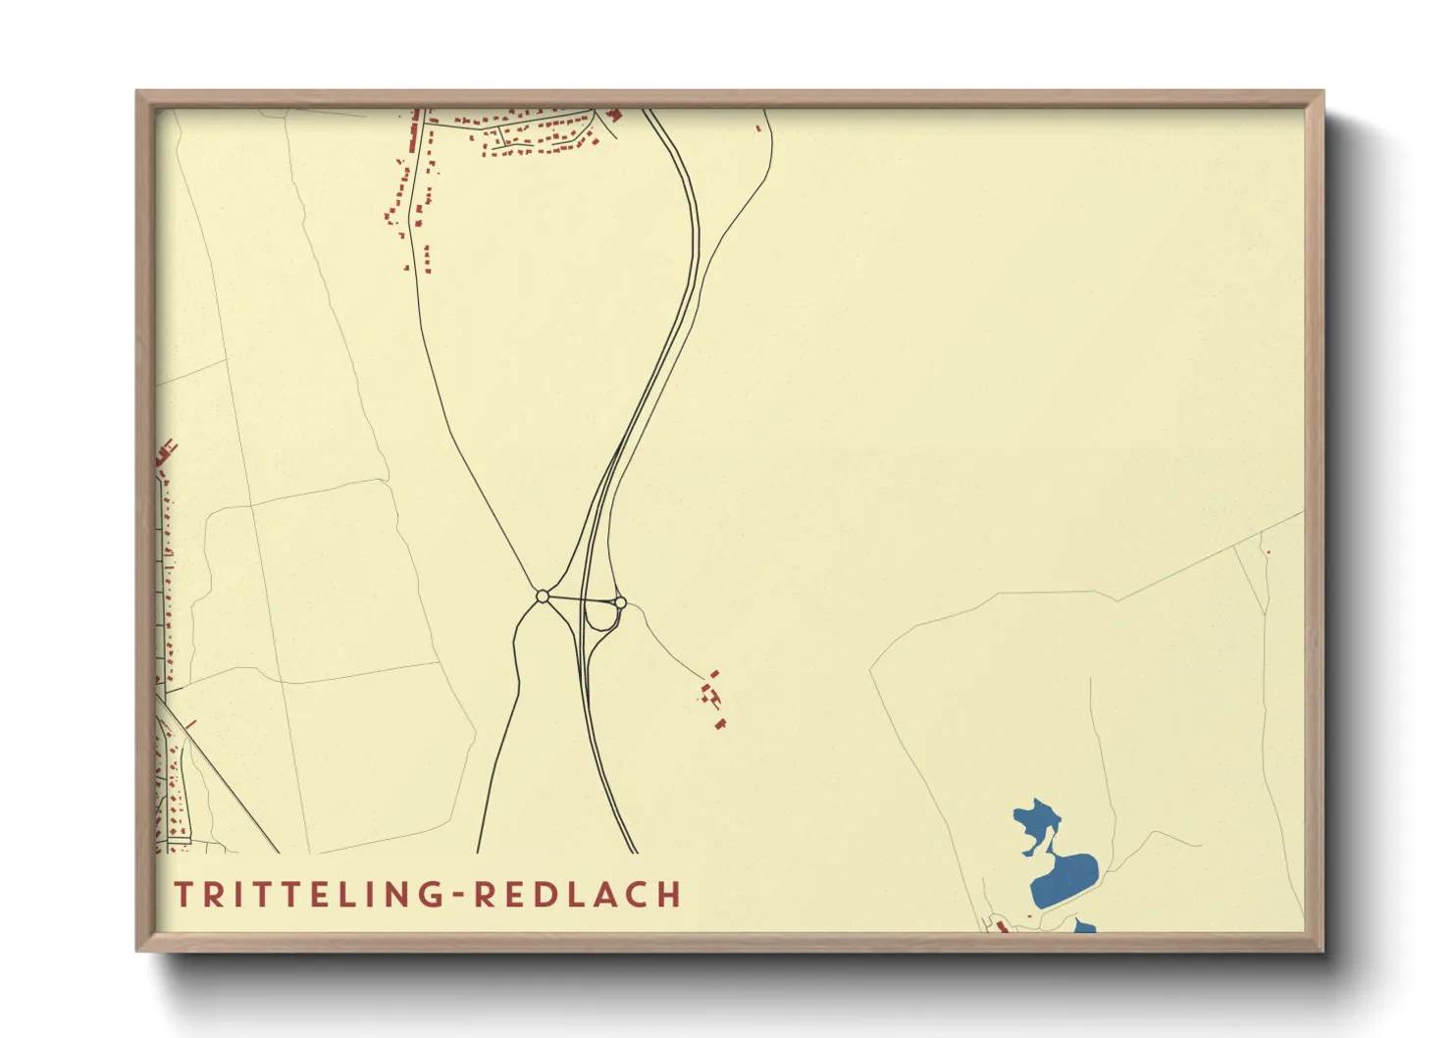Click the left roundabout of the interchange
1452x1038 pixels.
(x=543, y=597)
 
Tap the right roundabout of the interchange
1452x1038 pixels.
(x=620, y=602)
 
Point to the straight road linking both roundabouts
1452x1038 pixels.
(x=581, y=598)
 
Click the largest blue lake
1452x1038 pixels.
(x=1064, y=878)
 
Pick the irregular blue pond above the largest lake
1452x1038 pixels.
(x=1036, y=822)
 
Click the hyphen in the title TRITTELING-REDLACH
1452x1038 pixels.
(x=460, y=895)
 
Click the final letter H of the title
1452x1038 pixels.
(x=670, y=895)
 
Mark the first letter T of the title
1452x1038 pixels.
(x=183, y=895)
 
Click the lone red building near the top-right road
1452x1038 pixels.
(x=758, y=128)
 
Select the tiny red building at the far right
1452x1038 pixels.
(x=1268, y=552)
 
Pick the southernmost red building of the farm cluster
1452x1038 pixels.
(x=721, y=724)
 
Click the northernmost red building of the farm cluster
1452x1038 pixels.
(x=714, y=674)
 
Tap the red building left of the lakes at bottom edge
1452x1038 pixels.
(x=1002, y=926)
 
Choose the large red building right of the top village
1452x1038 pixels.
(x=615, y=115)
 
